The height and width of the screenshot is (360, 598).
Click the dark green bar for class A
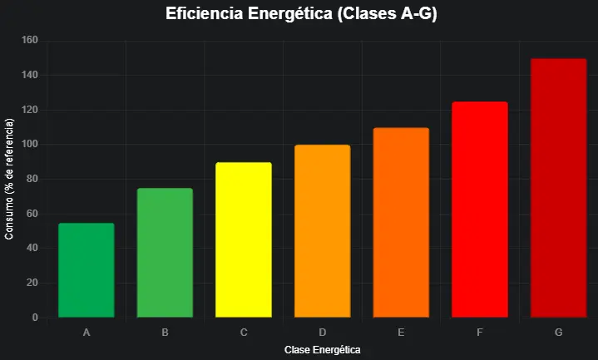pyautogui.click(x=86, y=270)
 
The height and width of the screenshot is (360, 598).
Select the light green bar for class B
pyautogui.click(x=165, y=253)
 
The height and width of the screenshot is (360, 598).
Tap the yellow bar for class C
pyautogui.click(x=244, y=240)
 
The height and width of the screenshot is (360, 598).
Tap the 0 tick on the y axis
pyautogui.click(x=34, y=318)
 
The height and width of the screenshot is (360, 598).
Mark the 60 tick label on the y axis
pyautogui.click(x=32, y=214)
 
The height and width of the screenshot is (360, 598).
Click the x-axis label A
pyautogui.click(x=86, y=333)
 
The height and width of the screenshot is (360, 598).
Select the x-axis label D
pyautogui.click(x=322, y=333)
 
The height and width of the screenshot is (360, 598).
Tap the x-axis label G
pyautogui.click(x=558, y=333)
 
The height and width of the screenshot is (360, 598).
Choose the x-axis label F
pyautogui.click(x=479, y=333)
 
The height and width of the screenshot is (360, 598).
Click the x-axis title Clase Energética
pyautogui.click(x=322, y=350)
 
